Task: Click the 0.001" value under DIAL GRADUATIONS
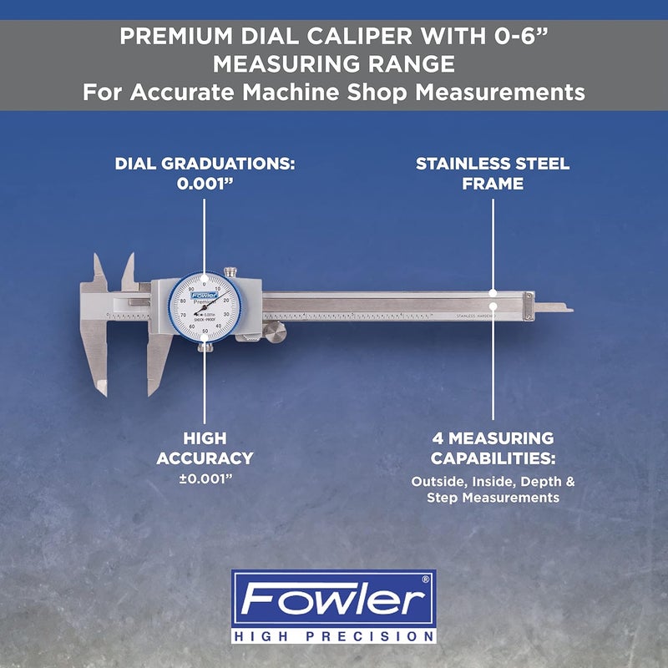point(205,184)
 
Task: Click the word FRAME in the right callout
point(493,184)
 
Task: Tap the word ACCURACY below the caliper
point(205,458)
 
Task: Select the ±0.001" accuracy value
point(205,480)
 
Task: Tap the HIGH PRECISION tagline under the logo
point(334,636)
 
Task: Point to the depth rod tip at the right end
point(565,309)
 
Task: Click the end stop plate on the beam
point(527,306)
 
